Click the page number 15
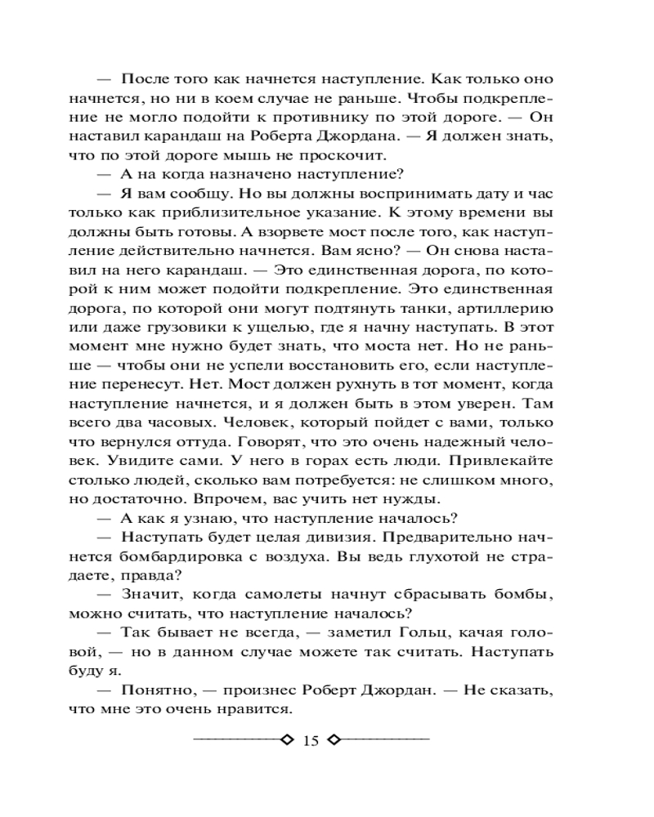click(x=310, y=741)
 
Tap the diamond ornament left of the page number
click(x=285, y=740)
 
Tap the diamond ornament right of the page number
click(x=334, y=740)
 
